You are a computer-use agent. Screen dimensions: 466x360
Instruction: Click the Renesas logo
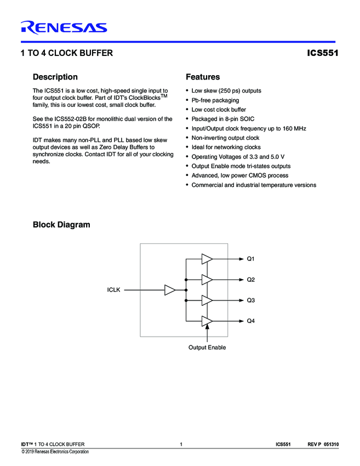64,27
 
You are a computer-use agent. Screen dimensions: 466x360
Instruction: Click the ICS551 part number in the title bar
323,54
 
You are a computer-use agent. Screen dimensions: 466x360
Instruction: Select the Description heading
55,77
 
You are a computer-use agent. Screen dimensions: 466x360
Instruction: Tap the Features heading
203,77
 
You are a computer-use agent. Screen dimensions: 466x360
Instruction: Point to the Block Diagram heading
61,225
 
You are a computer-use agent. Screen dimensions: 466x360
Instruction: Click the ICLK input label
114,289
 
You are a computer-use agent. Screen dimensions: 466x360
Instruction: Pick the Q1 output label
251,258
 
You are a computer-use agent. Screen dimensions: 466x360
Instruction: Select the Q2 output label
251,280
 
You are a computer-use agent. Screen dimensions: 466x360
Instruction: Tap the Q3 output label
251,300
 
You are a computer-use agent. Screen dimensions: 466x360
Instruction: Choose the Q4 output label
251,321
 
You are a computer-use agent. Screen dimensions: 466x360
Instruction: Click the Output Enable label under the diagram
207,348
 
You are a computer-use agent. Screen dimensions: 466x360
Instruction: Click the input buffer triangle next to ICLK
170,289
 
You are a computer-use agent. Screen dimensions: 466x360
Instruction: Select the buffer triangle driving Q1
207,258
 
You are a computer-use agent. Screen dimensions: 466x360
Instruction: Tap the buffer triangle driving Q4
207,321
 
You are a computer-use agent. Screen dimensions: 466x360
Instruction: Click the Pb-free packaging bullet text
215,100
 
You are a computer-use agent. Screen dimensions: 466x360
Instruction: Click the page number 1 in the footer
180,444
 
